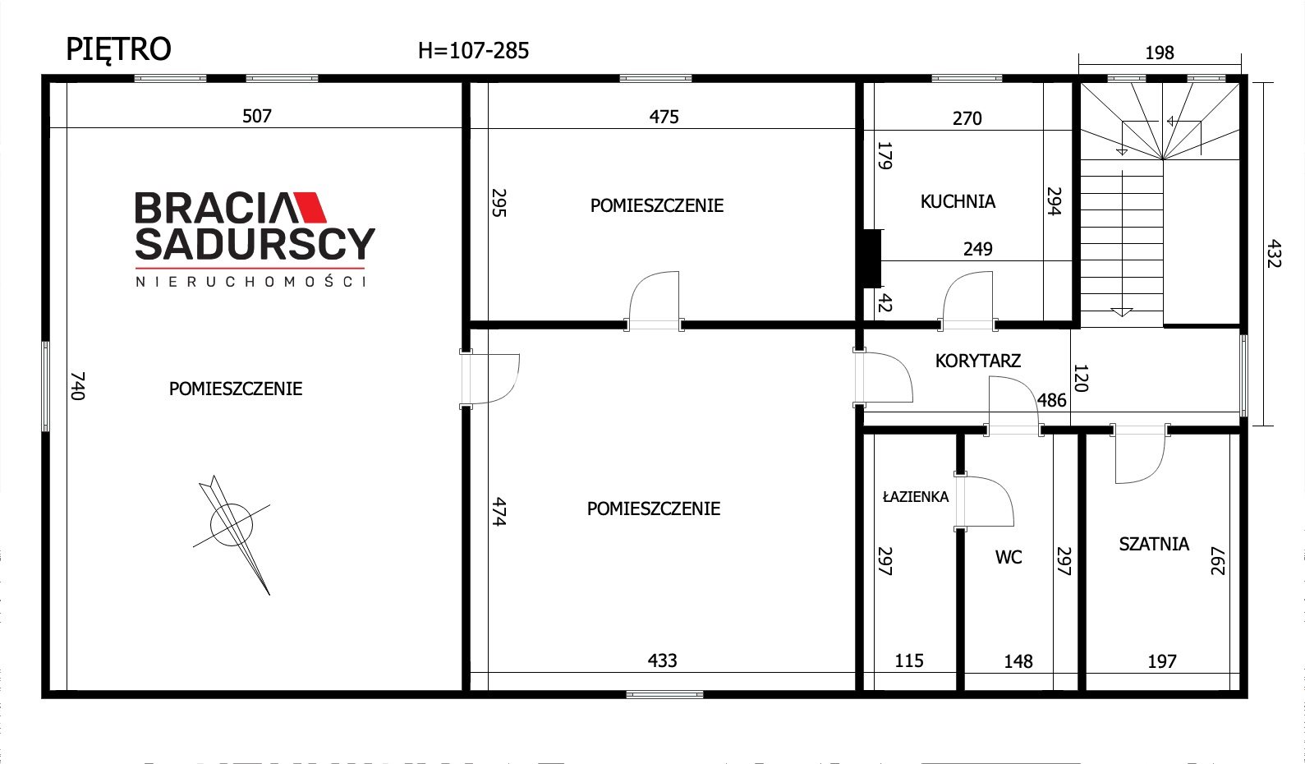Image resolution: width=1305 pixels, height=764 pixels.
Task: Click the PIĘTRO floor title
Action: (118, 50)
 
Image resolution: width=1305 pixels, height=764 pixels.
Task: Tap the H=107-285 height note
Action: (473, 51)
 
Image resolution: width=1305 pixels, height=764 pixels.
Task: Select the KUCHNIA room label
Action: (958, 201)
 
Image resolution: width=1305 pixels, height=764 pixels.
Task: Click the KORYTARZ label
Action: (977, 361)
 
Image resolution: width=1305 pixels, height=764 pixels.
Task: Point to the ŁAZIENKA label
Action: (915, 496)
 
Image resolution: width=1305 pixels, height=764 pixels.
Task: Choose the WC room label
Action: (1009, 557)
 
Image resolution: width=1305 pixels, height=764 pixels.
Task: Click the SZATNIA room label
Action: (1154, 544)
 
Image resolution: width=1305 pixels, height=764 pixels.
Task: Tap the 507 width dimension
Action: (257, 116)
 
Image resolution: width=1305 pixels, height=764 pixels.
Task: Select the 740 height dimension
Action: (77, 386)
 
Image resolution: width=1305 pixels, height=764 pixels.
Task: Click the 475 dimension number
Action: (664, 117)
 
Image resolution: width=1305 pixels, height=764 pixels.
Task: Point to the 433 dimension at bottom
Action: (663, 660)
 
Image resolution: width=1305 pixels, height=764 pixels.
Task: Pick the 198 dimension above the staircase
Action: (1160, 53)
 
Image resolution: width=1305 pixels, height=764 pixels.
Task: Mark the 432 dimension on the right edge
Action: (1274, 254)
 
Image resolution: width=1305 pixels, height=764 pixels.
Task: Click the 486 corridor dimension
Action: (1051, 400)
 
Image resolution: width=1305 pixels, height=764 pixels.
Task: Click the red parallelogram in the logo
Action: (309, 208)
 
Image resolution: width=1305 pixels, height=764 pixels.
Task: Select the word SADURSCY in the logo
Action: (255, 243)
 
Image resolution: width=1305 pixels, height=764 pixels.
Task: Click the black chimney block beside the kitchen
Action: (871, 259)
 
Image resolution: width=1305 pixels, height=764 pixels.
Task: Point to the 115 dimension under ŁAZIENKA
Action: (909, 660)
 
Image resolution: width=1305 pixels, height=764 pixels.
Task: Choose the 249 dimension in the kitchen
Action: (977, 249)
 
